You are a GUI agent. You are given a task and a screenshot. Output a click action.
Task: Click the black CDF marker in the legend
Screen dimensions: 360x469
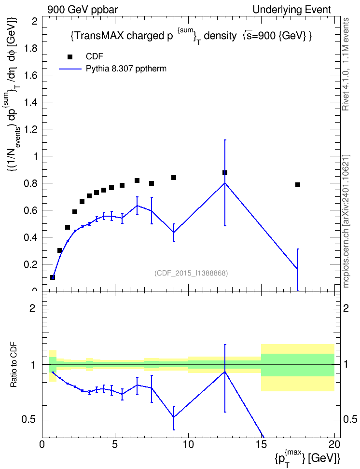click(70, 57)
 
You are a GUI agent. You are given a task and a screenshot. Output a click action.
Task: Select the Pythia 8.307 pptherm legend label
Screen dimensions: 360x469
click(126, 69)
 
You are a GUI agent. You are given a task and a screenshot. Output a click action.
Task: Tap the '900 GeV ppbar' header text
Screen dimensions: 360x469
click(83, 10)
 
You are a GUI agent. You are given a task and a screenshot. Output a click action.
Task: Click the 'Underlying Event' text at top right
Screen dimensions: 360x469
click(292, 10)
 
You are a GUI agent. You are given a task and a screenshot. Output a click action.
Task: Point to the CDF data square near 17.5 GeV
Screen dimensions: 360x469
click(297, 185)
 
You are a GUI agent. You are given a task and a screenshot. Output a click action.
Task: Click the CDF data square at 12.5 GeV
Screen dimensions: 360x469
click(225, 173)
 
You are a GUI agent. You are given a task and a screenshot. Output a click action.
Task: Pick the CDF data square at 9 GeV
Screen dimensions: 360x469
click(174, 178)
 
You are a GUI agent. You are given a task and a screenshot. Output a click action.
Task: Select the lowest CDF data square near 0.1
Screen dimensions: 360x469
click(53, 277)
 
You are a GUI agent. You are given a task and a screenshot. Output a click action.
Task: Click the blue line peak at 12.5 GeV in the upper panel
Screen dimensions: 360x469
click(225, 183)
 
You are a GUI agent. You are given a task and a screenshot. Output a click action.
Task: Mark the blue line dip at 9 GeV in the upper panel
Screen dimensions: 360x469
click(174, 233)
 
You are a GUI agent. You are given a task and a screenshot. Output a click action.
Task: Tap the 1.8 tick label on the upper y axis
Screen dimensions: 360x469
click(30, 48)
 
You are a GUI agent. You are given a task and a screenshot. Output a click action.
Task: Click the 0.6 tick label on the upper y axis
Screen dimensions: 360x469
click(30, 210)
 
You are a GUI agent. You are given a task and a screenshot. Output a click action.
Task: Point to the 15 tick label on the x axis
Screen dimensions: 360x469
click(261, 444)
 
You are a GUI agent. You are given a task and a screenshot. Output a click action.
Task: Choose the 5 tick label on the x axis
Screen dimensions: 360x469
click(115, 444)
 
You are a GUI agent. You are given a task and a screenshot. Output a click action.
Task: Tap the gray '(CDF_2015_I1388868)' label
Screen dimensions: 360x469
click(191, 273)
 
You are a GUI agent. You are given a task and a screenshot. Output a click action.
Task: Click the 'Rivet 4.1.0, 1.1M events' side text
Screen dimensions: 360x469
click(346, 64)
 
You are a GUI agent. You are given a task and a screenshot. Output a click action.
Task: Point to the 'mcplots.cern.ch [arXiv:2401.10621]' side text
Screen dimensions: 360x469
click(346, 221)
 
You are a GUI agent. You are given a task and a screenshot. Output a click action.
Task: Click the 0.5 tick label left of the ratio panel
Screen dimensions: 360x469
click(29, 420)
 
